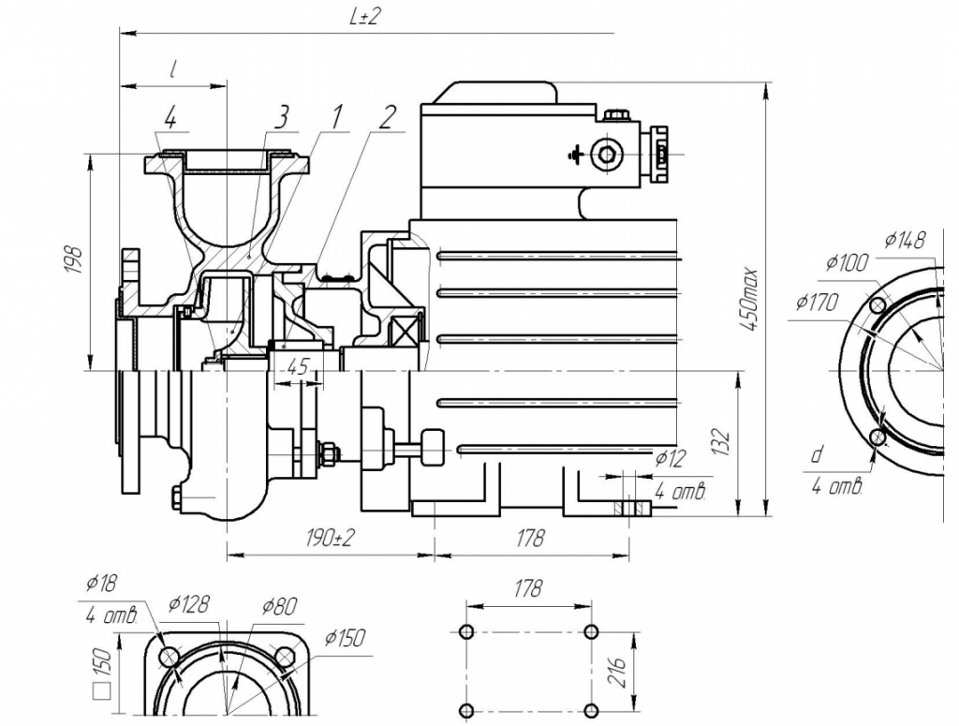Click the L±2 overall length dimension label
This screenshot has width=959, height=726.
(x=366, y=18)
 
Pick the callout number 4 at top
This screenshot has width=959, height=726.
(x=170, y=118)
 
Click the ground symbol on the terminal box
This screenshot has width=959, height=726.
(x=577, y=153)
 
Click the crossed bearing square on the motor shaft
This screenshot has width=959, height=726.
(x=409, y=331)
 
